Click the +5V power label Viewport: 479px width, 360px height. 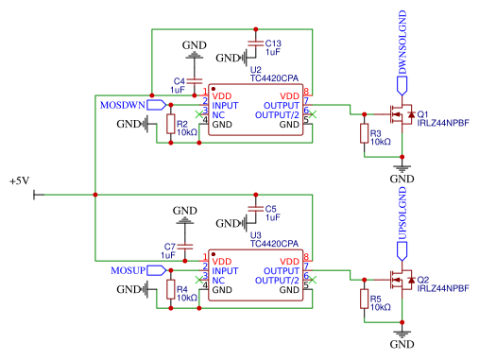tap(20, 181)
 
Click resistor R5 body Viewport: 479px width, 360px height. tap(364, 300)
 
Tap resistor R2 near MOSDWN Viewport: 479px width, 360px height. tap(170, 125)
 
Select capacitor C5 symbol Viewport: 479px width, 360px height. tap(252, 208)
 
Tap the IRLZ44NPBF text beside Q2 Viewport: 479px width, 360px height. tap(441, 287)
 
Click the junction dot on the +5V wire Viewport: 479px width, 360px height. tap(95, 196)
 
